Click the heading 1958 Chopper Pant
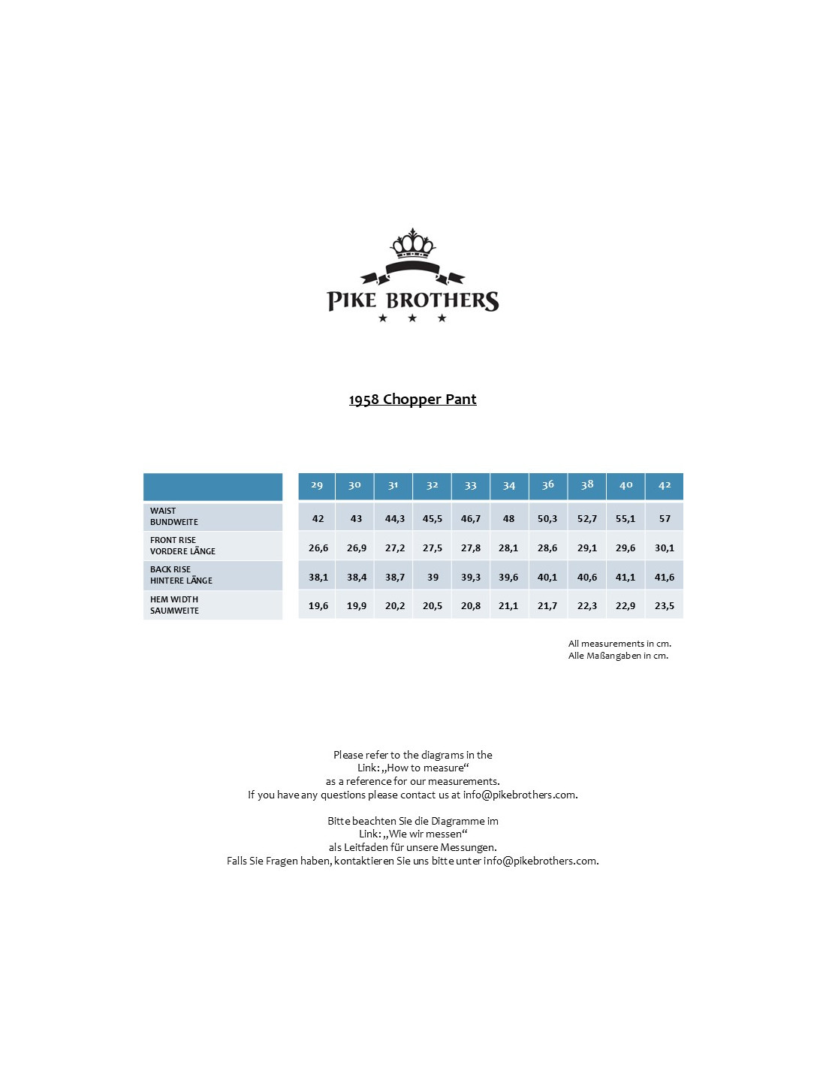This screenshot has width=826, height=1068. (412, 400)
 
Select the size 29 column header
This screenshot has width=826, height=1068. (317, 485)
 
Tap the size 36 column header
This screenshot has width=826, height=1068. (548, 485)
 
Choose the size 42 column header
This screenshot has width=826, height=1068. (665, 485)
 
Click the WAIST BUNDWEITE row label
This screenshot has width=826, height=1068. (174, 517)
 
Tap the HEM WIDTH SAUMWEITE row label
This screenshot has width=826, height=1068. (174, 605)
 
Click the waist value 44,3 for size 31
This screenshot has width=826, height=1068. (395, 519)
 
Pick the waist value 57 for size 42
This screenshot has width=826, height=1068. (665, 519)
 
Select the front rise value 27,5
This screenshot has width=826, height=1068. (433, 548)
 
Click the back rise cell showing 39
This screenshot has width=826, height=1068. (433, 578)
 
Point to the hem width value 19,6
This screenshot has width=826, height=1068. (318, 606)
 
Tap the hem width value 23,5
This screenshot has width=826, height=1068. (665, 606)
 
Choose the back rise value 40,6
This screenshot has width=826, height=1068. (587, 578)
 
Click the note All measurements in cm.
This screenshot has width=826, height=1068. (619, 644)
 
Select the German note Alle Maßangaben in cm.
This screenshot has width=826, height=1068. (618, 656)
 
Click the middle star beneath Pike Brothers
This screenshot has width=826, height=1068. (412, 318)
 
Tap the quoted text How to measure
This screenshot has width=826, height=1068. (426, 768)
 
